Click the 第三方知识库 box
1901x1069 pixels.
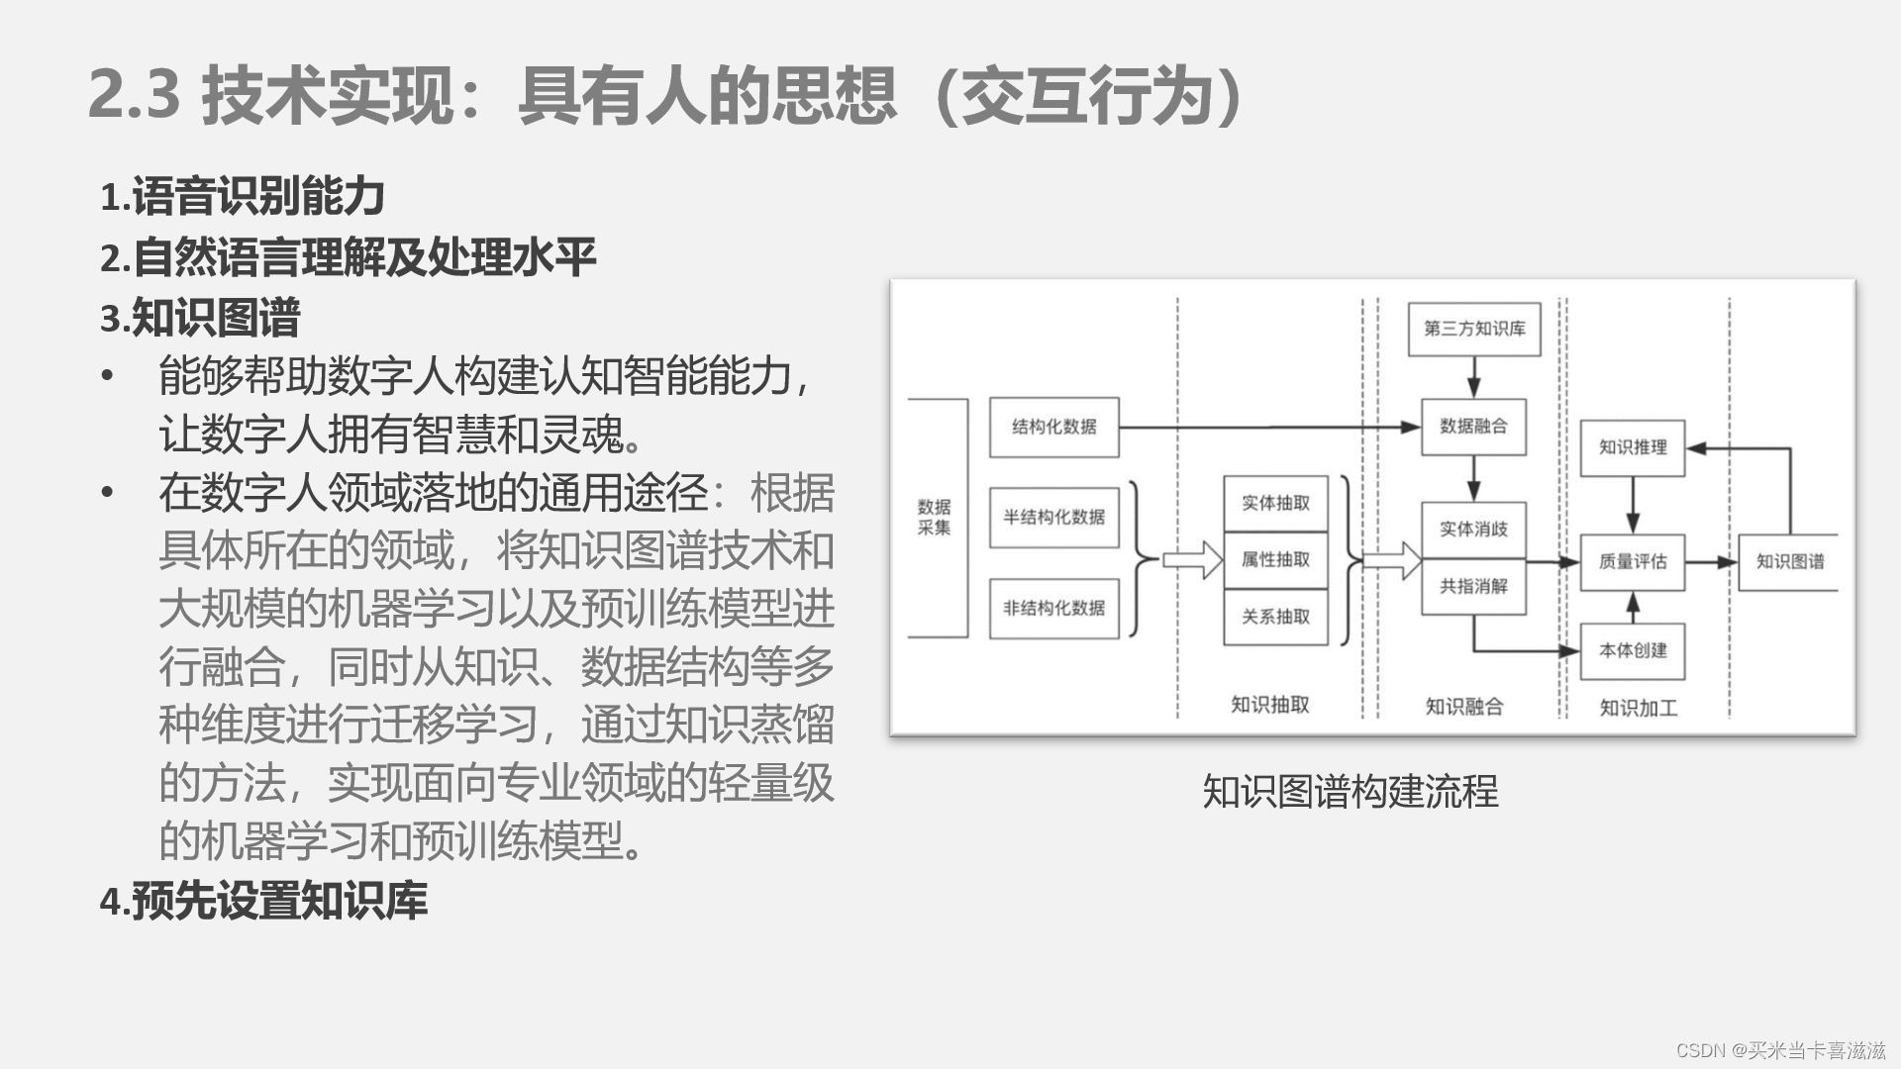[x=1474, y=329]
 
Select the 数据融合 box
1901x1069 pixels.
[x=1473, y=427]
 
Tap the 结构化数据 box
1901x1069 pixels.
[x=1053, y=427]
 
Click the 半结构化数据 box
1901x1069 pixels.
[x=1053, y=517]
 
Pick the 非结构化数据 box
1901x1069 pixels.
[x=1053, y=608]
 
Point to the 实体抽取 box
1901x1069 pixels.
[x=1275, y=503]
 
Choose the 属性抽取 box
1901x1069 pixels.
[x=1275, y=560]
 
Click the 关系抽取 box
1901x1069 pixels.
[x=1275, y=617]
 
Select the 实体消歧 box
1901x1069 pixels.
[x=1473, y=530]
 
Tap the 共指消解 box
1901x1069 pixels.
[x=1473, y=586]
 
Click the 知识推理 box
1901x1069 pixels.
[x=1632, y=447]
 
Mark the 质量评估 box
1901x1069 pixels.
[x=1632, y=561]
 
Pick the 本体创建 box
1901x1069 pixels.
[x=1632, y=650]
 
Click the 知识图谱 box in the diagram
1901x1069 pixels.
[x=1789, y=561]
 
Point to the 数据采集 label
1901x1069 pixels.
[x=934, y=517]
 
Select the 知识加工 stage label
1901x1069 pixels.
[x=1639, y=708]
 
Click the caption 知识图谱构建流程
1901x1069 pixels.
[x=1351, y=791]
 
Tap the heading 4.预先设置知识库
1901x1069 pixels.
[x=263, y=901]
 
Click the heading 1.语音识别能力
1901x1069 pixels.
[x=243, y=196]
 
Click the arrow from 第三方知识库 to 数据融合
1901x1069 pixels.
[x=1473, y=377]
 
